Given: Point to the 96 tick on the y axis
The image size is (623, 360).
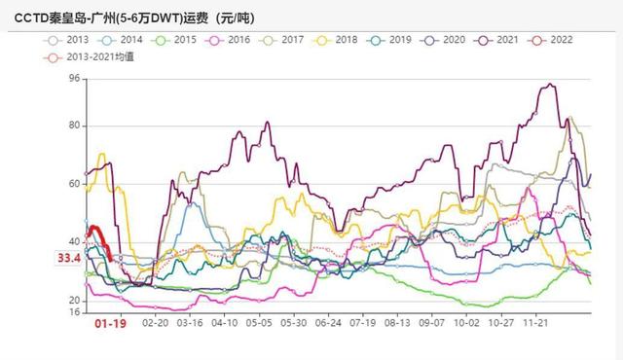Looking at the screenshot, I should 74,78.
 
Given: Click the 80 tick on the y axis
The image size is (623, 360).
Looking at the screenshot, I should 74,126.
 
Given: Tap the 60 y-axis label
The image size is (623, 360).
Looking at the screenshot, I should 74,184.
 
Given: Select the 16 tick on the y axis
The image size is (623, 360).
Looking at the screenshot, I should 74,312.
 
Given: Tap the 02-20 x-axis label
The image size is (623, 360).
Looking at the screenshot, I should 156,322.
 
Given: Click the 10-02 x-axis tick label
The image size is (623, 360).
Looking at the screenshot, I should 466,322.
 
